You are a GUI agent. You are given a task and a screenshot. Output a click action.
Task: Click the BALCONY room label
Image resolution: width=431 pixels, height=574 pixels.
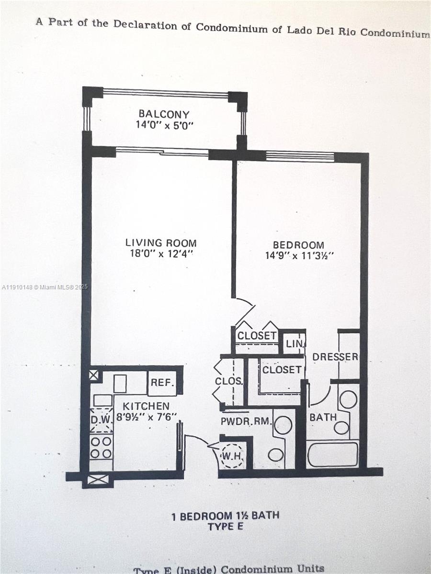(x=164, y=114)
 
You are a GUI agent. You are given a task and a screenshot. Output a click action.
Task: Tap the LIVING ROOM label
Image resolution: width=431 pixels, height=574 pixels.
(x=161, y=243)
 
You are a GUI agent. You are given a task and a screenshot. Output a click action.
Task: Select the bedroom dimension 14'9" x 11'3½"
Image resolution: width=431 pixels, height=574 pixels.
(x=299, y=255)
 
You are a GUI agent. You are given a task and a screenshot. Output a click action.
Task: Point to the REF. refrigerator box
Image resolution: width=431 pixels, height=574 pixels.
(x=162, y=383)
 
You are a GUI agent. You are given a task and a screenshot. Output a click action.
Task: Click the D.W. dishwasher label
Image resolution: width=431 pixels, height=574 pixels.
(x=101, y=419)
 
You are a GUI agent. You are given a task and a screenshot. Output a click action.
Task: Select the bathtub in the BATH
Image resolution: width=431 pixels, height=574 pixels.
(x=333, y=454)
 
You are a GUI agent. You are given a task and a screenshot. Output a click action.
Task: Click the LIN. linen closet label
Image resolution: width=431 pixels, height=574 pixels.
(x=294, y=343)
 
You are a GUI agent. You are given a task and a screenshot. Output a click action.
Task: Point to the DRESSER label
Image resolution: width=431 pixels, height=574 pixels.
(x=335, y=357)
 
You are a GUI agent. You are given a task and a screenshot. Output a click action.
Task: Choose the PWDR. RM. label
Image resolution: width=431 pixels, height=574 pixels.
(x=246, y=422)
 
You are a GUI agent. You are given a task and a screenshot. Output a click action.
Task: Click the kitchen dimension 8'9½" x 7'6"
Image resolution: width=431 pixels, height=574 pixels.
(x=146, y=417)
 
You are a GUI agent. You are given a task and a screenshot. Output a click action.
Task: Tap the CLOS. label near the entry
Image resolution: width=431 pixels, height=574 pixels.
(x=229, y=382)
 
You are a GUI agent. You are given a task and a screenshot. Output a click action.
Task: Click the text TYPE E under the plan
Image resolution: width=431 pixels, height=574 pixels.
(x=226, y=527)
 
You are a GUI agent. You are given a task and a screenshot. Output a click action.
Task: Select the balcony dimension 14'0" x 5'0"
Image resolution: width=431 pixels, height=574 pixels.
(x=164, y=126)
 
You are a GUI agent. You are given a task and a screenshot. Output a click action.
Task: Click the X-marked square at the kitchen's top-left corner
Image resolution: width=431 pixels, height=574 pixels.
(x=93, y=375)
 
